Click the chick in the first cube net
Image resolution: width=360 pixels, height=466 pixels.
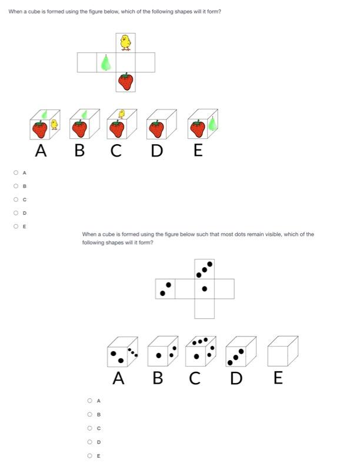click(x=125, y=42)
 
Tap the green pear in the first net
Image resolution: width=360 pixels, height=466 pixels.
click(x=106, y=62)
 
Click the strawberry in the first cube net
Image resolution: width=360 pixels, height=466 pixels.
click(x=125, y=81)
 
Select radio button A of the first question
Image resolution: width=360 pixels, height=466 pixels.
click(x=15, y=172)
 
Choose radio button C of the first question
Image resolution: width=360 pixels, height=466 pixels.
click(x=15, y=199)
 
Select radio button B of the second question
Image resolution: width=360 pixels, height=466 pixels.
click(x=90, y=414)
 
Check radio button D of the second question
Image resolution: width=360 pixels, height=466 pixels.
click(x=90, y=442)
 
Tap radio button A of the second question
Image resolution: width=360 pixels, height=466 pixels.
click(x=90, y=401)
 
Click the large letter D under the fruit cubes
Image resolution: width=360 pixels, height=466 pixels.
click(x=156, y=151)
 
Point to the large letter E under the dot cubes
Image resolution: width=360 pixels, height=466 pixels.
click(x=278, y=378)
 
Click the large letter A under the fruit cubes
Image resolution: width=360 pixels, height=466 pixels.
click(x=41, y=151)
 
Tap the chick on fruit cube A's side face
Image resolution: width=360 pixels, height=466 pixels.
click(x=54, y=124)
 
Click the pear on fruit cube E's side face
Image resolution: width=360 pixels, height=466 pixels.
click(x=212, y=124)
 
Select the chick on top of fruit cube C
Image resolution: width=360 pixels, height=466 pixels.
click(x=122, y=114)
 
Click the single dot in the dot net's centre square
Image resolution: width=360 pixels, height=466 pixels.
click(x=204, y=289)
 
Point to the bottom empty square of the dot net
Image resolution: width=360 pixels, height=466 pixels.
click(x=204, y=308)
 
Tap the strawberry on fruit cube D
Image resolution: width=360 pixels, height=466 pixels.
click(x=156, y=128)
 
